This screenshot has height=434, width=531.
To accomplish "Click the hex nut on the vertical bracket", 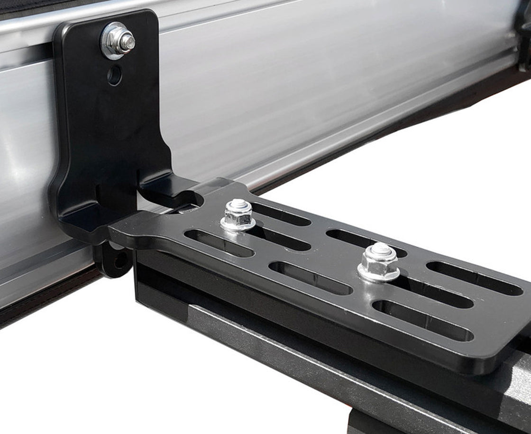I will (x=117, y=41).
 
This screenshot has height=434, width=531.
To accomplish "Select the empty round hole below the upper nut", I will (x=114, y=75).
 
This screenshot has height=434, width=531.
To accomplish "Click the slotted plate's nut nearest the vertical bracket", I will (x=238, y=216).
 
